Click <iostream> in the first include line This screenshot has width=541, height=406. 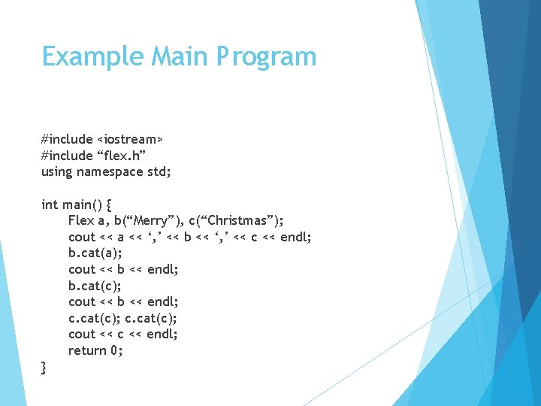[130, 139]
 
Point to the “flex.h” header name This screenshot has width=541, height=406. [121, 156]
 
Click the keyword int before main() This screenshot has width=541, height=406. [49, 205]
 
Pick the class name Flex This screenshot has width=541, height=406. [80, 221]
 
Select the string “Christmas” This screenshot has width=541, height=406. [239, 221]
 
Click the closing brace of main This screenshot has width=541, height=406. [44, 368]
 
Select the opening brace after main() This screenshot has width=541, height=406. [110, 205]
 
